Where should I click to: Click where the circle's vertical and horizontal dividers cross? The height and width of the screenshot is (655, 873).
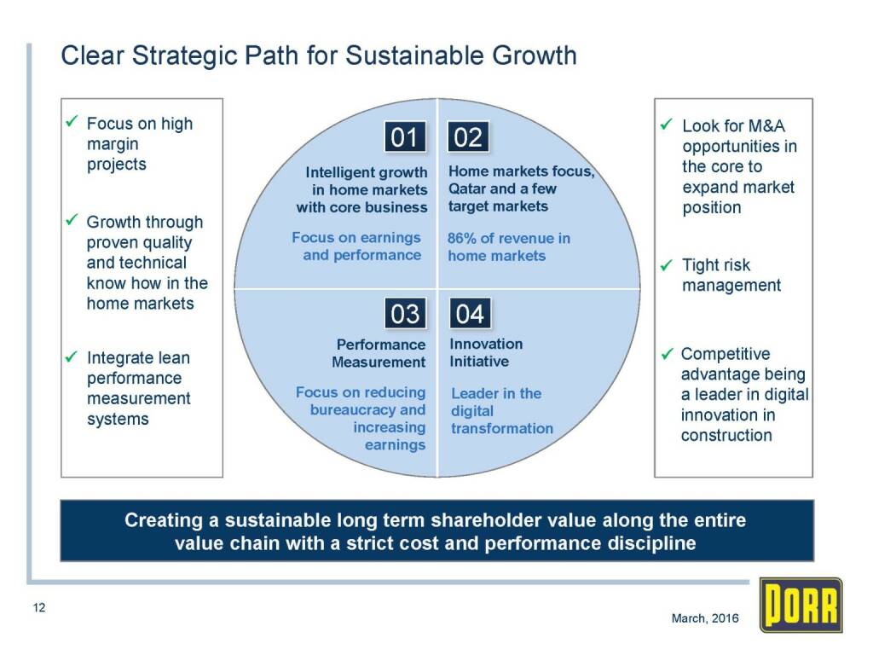point(437,288)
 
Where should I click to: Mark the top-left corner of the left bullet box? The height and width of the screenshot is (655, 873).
point(61,99)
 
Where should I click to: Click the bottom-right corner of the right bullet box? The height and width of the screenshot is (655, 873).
point(812,477)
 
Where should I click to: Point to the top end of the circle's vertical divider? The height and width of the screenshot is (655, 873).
point(437,99)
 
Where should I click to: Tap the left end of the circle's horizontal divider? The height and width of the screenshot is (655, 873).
point(234,288)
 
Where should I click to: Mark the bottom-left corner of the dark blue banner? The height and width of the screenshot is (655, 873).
point(61,560)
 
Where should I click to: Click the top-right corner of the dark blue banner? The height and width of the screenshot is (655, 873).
point(813,500)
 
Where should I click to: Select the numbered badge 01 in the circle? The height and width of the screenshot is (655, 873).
point(405,137)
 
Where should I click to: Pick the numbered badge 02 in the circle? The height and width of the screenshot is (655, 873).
point(468,137)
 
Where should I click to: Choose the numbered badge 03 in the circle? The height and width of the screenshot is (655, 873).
point(405,314)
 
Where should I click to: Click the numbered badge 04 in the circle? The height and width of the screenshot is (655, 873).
point(471,314)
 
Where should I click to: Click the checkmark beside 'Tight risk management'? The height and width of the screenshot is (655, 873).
point(667,265)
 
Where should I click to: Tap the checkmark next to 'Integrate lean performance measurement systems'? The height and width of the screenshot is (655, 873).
point(72,356)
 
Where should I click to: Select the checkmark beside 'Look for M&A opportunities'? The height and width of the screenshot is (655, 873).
point(667,125)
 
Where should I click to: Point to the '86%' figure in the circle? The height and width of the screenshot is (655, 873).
point(461,239)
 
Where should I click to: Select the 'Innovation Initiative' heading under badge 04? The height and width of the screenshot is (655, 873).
point(486,352)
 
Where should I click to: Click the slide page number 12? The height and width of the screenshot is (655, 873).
point(39,607)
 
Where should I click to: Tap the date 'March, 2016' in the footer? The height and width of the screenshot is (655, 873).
point(705,618)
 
